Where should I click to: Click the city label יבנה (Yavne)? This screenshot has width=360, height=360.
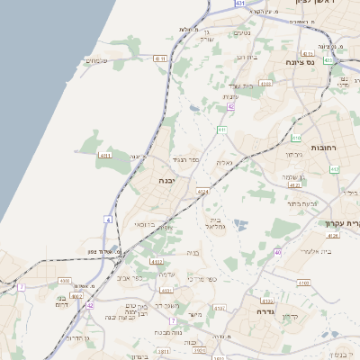point(166,181)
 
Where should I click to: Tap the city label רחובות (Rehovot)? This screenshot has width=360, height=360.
point(323,147)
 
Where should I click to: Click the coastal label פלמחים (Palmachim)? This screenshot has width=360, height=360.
point(96,60)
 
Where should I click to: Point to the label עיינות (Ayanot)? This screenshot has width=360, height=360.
point(229,96)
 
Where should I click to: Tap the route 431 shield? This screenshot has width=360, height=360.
point(240,4)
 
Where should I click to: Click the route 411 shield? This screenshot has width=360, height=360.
point(220,130)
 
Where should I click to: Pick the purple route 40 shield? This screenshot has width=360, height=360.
point(277,252)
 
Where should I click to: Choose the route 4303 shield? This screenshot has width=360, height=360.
point(265,83)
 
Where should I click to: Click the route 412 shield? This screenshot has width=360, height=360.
point(334,168)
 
